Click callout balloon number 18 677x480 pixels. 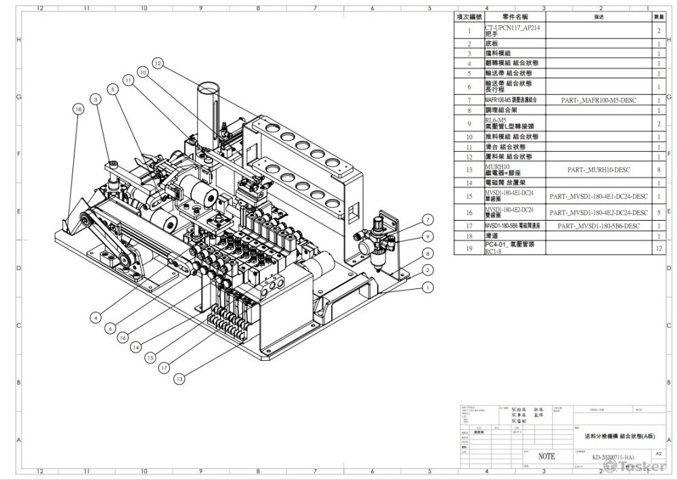pos(79,108)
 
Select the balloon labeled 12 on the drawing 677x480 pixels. pos(158,63)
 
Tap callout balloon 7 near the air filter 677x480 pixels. pos(428,219)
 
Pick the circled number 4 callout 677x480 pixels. pos(95,316)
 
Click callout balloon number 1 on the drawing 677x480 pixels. pos(427,286)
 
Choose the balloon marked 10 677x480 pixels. pos(143,70)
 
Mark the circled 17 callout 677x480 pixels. pos(163,367)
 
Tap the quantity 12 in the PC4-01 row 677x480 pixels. pos(659,248)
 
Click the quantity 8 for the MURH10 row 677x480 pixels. pos(659,170)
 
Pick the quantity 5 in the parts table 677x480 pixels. pos(659,213)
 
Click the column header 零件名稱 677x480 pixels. pos(514,16)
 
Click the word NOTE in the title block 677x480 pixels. pos(546,456)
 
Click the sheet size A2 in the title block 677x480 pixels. pos(658,452)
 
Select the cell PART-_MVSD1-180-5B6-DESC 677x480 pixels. pos(598,225)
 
